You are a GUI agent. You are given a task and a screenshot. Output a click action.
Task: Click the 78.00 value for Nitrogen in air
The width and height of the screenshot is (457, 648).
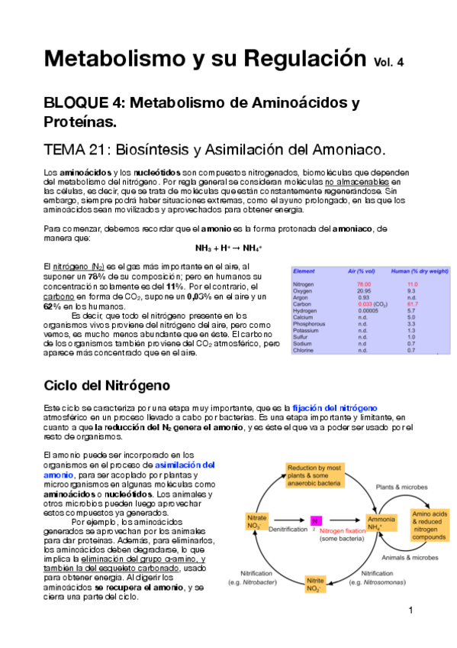click(353, 283)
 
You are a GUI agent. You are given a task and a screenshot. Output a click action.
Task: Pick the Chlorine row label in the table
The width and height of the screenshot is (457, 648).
click(304, 351)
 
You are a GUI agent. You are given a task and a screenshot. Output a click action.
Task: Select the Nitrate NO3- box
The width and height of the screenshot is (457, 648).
click(256, 522)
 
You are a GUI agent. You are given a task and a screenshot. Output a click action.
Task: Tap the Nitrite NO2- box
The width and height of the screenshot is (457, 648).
click(316, 585)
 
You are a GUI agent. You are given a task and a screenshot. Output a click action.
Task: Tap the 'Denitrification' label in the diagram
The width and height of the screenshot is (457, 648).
click(283, 530)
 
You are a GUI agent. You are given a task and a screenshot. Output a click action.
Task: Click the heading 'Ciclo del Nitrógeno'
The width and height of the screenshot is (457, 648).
click(107, 384)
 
